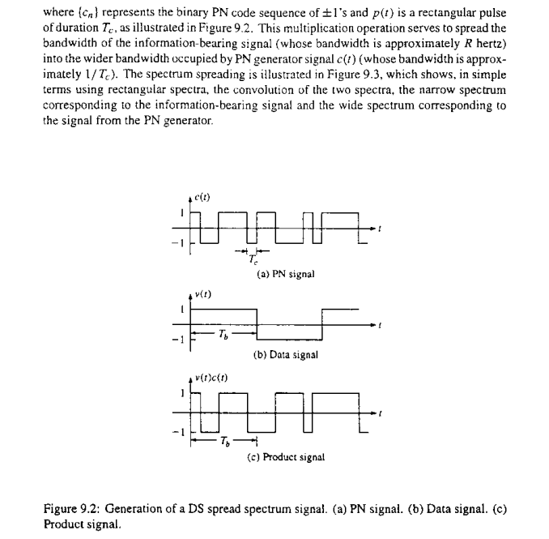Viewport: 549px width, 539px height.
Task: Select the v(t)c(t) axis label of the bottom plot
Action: point(212,379)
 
